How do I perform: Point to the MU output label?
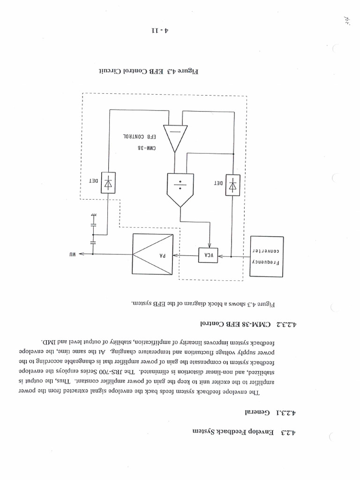(x=70, y=254)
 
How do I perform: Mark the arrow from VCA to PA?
(x=185, y=255)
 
